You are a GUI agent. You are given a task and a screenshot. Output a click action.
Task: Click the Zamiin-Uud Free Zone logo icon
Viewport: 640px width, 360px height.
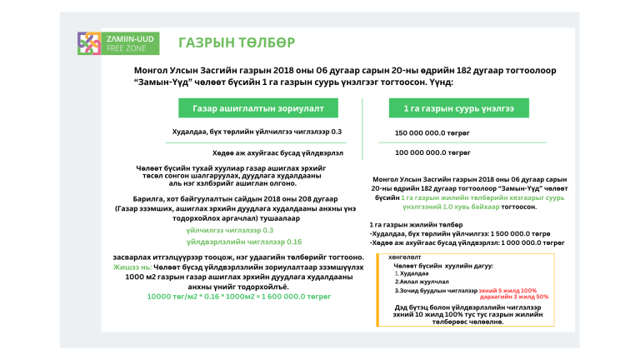click(89, 43)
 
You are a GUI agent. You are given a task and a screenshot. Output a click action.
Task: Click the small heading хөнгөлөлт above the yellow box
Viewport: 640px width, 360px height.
click(404, 257)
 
